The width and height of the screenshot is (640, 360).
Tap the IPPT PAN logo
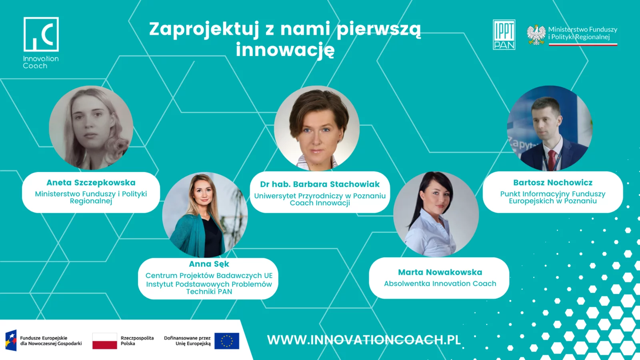504,34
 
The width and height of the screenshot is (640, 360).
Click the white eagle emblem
536,35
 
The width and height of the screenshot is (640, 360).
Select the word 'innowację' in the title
285,50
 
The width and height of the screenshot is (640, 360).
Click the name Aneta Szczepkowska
91,182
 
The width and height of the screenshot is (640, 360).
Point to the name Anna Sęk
209,264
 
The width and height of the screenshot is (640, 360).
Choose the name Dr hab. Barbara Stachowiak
320,184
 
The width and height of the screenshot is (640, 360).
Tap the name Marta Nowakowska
440,272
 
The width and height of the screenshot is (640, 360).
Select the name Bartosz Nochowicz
553,182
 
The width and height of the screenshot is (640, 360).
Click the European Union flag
227,341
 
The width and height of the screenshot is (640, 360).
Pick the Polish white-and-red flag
104,341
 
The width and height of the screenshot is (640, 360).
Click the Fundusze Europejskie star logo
11,340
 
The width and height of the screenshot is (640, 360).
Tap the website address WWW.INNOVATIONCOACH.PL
364,340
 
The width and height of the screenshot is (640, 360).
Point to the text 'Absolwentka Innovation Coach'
440,284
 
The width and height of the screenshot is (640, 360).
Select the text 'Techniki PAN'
209,292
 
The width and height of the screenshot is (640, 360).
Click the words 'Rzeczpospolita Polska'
137,341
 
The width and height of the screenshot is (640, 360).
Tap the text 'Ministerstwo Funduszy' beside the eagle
583,30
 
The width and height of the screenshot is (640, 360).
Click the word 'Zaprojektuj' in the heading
204,30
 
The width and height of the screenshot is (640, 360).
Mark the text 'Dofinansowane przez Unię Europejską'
188,341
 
